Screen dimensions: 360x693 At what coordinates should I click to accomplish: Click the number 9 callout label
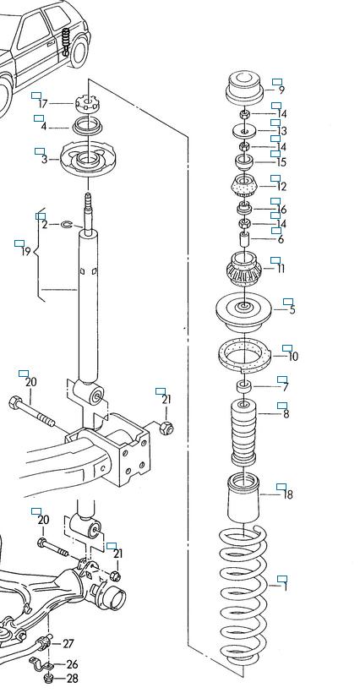click(x=281, y=90)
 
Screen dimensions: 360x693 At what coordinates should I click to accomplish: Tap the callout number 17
click(x=43, y=104)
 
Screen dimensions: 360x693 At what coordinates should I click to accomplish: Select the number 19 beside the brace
click(x=26, y=252)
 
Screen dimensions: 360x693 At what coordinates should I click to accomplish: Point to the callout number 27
click(x=68, y=643)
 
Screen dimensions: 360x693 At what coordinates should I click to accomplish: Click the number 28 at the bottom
click(x=72, y=678)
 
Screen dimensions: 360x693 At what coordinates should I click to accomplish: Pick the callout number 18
click(x=288, y=494)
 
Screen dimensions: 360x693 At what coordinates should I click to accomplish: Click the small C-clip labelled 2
click(x=66, y=225)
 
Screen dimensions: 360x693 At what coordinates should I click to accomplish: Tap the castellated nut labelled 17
click(x=87, y=103)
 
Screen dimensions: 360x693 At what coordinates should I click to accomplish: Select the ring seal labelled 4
click(x=87, y=127)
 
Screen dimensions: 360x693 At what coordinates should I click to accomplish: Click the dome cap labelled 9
click(x=244, y=88)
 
